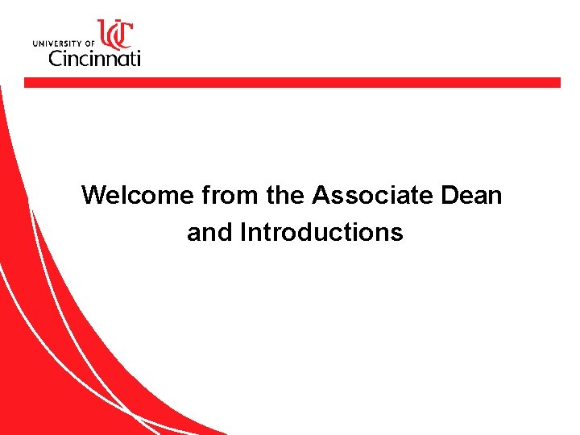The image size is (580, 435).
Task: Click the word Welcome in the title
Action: coord(138,195)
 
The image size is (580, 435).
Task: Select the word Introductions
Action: coord(321,233)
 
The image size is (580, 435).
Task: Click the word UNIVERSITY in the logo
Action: coord(63,43)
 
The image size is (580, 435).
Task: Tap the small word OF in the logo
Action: coord(89,43)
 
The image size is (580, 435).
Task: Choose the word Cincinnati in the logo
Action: coord(94,58)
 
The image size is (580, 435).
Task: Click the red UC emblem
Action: coord(114,35)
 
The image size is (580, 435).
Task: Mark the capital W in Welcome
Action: coord(93,195)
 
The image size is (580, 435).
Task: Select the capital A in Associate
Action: coord(321,195)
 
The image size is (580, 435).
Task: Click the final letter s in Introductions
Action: coord(397,234)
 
